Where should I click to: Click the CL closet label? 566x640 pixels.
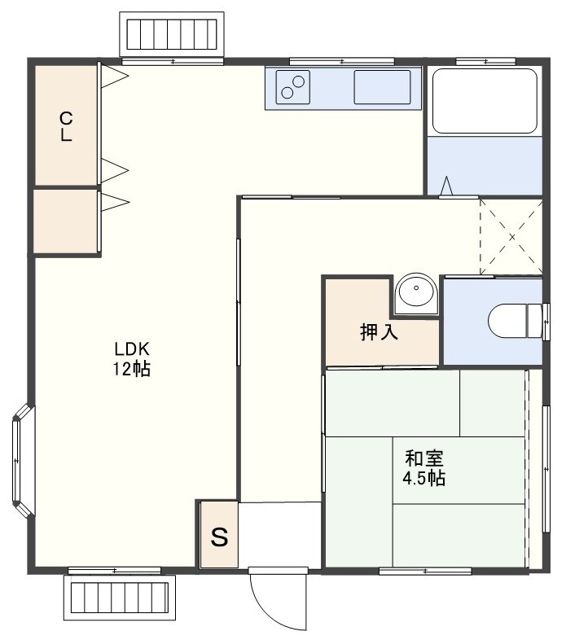point(66,126)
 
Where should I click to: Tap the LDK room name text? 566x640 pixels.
point(132,349)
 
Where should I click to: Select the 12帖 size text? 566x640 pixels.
point(131,369)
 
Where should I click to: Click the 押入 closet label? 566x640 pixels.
point(379,332)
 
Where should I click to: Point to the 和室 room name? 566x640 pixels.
point(423,458)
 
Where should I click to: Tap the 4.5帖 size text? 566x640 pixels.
point(423,477)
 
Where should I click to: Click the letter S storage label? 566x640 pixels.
point(219,537)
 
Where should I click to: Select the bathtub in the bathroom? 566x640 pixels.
point(485,101)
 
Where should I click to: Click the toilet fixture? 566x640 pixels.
point(516,321)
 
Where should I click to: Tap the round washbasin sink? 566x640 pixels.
point(416,291)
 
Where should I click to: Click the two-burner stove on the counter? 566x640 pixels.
point(293,87)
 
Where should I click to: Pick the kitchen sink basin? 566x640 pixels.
point(382,87)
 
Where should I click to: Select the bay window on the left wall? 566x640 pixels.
point(23,461)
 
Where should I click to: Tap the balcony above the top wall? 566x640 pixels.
point(172,34)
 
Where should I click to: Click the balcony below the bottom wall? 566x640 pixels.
point(120,597)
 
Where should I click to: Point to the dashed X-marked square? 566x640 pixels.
point(511,237)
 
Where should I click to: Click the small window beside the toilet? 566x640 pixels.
point(546,322)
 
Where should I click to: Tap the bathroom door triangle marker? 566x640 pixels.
point(447,186)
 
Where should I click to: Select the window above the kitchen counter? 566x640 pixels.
point(342,62)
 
